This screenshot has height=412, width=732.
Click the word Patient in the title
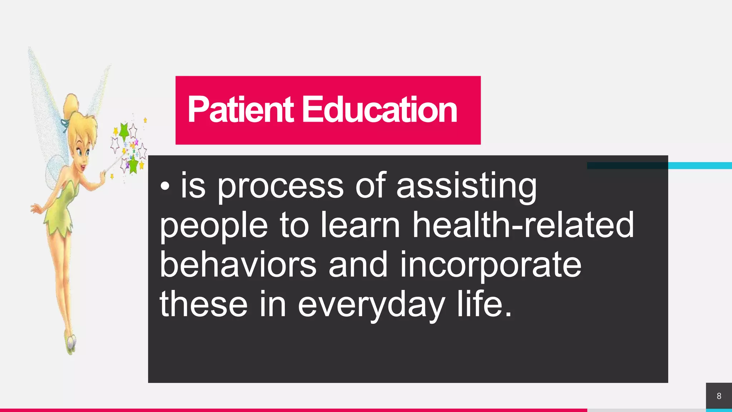click(240, 109)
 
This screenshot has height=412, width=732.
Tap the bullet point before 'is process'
click(165, 186)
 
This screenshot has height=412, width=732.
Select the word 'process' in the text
click(280, 186)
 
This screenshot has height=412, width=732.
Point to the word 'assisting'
click(466, 186)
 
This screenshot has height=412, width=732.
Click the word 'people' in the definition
click(213, 225)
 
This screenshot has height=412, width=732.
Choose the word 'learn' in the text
click(360, 225)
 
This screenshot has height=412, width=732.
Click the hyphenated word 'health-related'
click(523, 225)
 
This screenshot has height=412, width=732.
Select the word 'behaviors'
click(238, 265)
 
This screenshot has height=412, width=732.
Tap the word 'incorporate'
click(490, 265)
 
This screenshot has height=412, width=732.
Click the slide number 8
click(719, 396)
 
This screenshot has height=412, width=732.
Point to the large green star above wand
click(124, 131)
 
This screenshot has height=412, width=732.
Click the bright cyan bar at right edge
click(700, 166)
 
